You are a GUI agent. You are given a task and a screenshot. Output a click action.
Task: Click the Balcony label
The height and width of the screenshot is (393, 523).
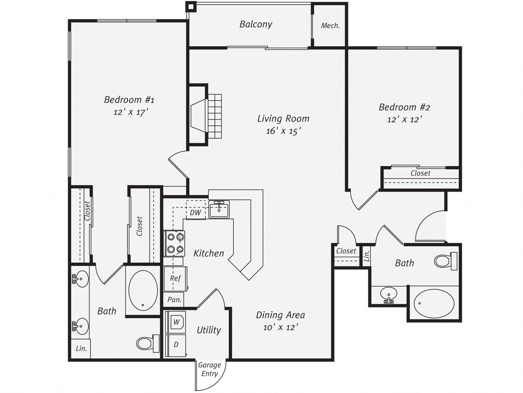(256, 24)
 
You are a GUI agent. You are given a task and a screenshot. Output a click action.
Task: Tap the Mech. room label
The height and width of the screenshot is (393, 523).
(330, 25)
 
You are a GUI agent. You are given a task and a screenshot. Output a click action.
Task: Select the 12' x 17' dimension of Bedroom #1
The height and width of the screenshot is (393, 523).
(130, 112)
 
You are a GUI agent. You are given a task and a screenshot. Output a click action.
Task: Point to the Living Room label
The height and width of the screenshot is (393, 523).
(283, 119)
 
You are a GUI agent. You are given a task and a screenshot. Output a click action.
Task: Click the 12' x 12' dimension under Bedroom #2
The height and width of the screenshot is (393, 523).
(404, 120)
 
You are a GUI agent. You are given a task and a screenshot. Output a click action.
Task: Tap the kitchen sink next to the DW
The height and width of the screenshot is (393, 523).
(219, 209)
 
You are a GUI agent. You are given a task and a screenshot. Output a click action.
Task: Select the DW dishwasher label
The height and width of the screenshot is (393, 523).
(195, 212)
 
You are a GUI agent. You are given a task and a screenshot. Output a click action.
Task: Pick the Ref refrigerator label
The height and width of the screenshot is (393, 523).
(175, 278)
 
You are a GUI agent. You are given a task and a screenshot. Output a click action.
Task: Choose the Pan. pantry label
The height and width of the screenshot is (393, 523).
(174, 300)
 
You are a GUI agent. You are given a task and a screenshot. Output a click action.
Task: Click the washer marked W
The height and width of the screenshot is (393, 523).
(176, 322)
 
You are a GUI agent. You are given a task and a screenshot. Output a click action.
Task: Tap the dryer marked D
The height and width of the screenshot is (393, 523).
(176, 345)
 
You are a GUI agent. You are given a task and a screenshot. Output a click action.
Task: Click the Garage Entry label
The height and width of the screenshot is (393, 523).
(209, 369)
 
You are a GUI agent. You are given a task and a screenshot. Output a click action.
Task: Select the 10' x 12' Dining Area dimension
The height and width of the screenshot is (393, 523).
(280, 327)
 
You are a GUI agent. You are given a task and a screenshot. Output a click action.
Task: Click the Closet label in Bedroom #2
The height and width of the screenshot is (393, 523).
(420, 173)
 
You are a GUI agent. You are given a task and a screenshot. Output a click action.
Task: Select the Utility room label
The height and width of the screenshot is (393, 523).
(209, 330)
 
